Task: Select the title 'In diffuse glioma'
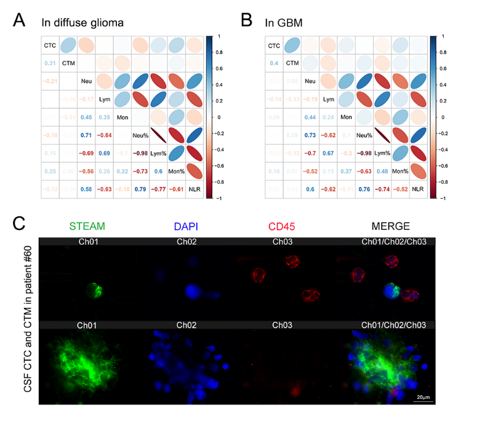pyautogui.click(x=82, y=23)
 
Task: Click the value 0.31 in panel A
pyautogui.click(x=50, y=63)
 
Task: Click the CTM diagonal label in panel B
pyautogui.click(x=292, y=63)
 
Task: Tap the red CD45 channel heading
pyautogui.click(x=284, y=227)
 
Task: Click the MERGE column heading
pyautogui.click(x=386, y=227)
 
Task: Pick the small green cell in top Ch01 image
pyautogui.click(x=91, y=288)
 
